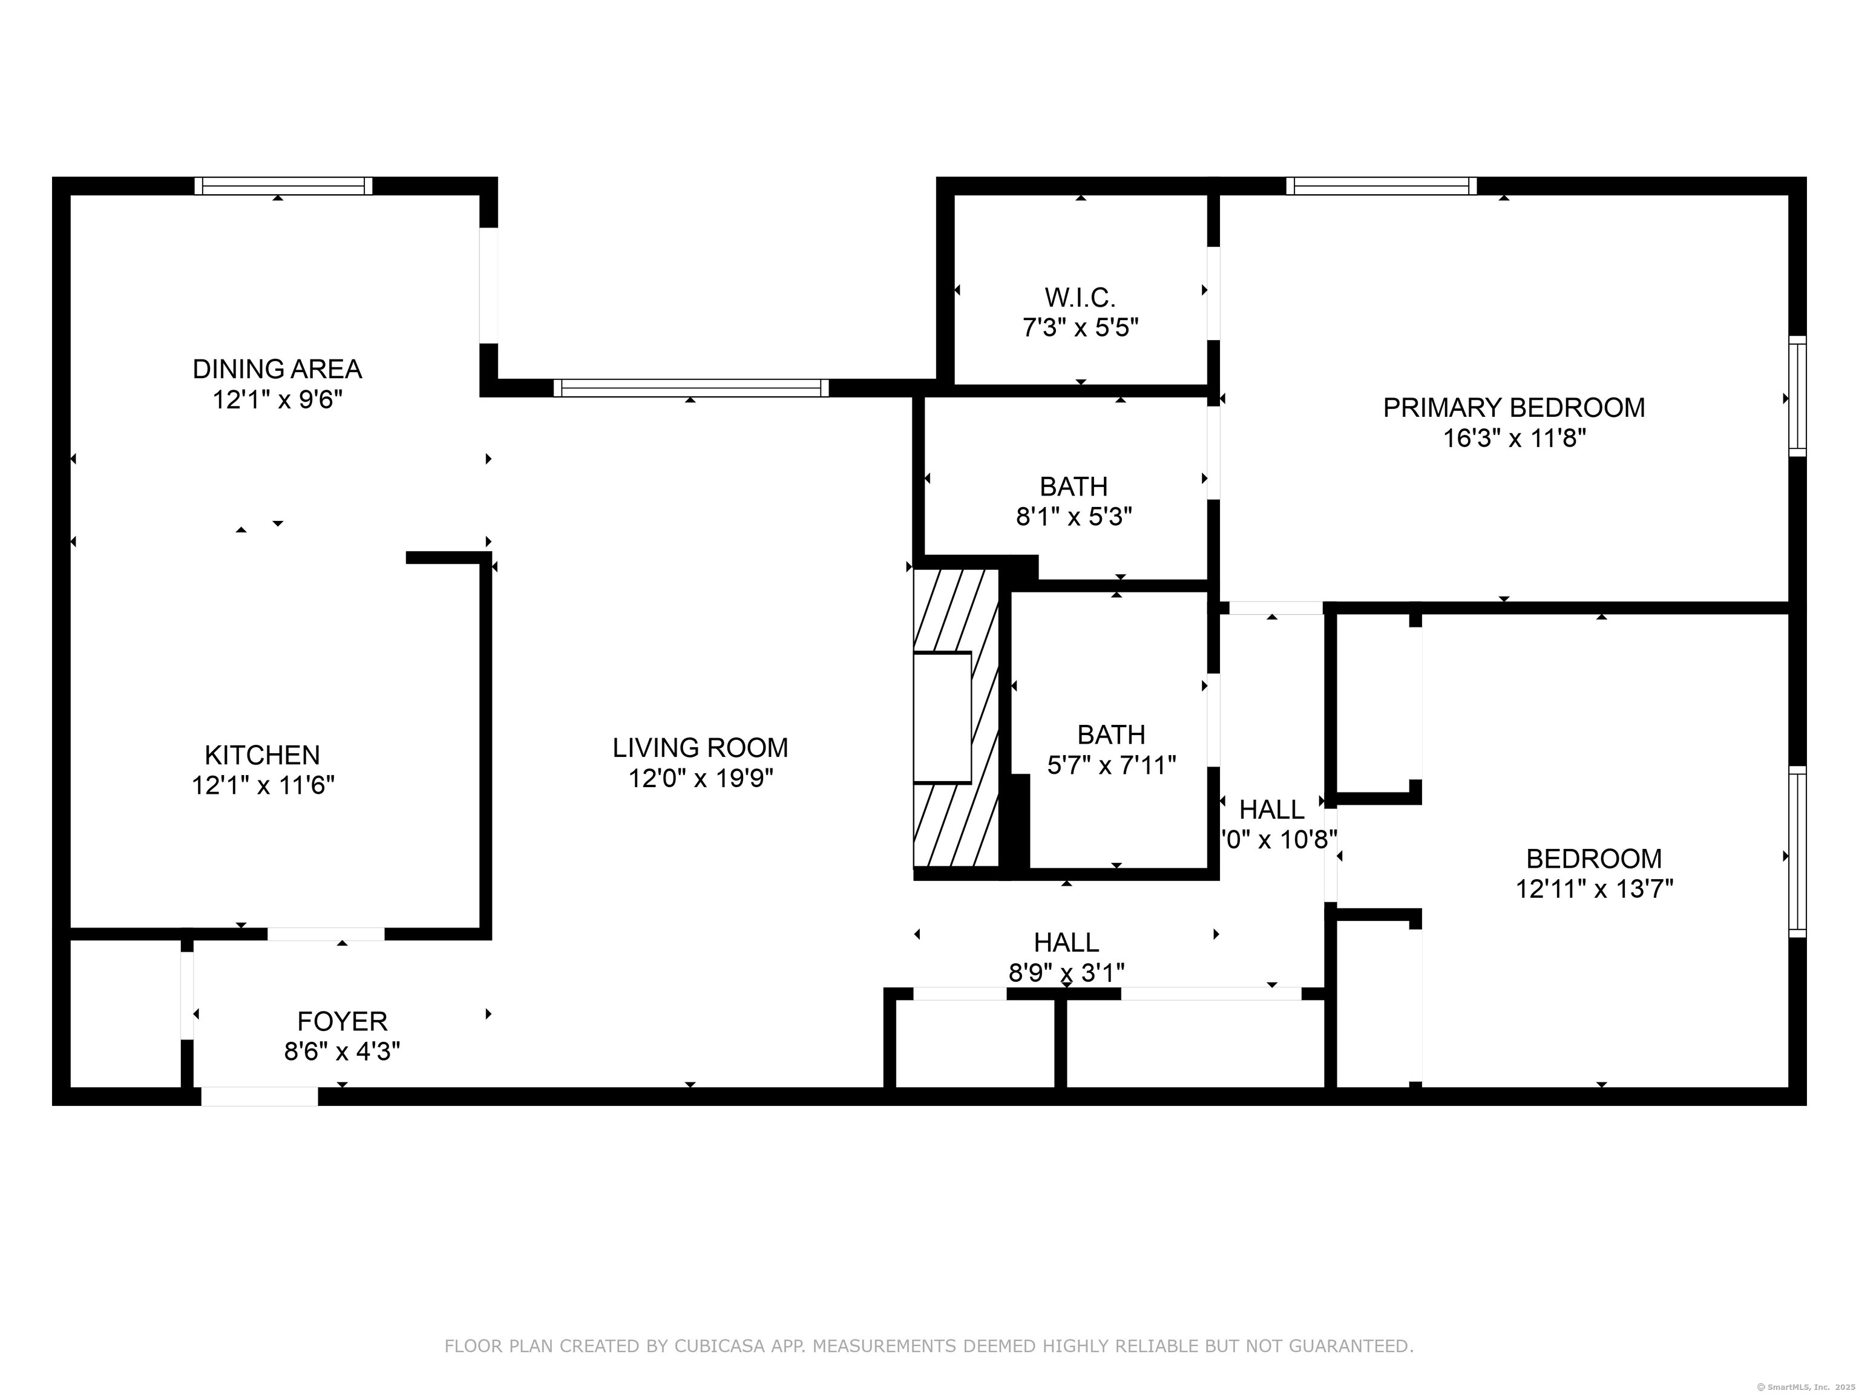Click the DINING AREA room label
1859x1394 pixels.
click(277, 369)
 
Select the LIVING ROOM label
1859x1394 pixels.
click(700, 748)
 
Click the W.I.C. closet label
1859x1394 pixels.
click(1080, 298)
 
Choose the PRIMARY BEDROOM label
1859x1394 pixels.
click(1513, 408)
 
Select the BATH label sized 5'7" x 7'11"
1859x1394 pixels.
click(1111, 735)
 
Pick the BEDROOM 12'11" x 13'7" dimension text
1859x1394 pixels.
click(1595, 889)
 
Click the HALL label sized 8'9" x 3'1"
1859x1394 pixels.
click(1066, 943)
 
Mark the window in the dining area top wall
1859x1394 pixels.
click(283, 186)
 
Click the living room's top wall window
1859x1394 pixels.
click(691, 387)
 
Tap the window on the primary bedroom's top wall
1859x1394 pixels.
click(1381, 186)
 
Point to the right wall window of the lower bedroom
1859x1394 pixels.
click(1797, 851)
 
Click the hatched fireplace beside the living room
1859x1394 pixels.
click(956, 718)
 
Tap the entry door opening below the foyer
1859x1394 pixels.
click(260, 1096)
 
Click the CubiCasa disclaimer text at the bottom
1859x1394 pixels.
click(929, 1346)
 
